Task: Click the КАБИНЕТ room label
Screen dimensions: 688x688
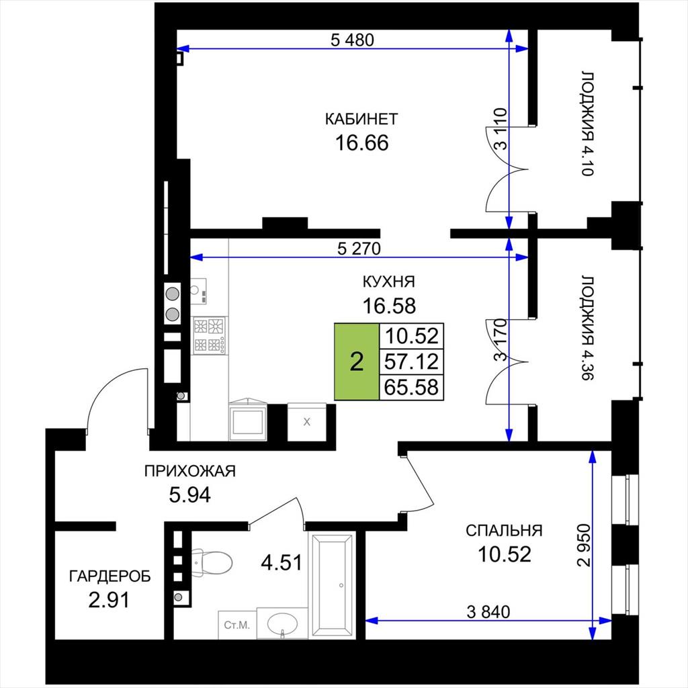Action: pyautogui.click(x=361, y=119)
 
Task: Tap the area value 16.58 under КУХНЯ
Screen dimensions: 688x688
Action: pyautogui.click(x=389, y=306)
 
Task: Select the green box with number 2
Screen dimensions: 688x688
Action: pyautogui.click(x=357, y=362)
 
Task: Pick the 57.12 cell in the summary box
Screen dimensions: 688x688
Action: pyautogui.click(x=412, y=362)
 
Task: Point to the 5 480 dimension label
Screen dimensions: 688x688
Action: pyautogui.click(x=352, y=40)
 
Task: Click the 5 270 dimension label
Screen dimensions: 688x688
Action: pyautogui.click(x=359, y=249)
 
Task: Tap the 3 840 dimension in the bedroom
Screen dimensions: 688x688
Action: pyautogui.click(x=488, y=611)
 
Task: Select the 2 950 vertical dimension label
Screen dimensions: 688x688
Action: pyautogui.click(x=585, y=545)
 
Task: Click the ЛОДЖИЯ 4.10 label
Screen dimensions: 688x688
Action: pyautogui.click(x=588, y=124)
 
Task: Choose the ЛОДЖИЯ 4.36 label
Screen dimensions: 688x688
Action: pyautogui.click(x=588, y=328)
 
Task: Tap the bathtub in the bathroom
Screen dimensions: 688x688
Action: pyautogui.click(x=332, y=585)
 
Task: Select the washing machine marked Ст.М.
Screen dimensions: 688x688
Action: pyautogui.click(x=237, y=625)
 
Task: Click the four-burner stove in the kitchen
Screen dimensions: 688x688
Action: pyautogui.click(x=210, y=335)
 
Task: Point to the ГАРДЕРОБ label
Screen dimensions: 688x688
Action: pyautogui.click(x=110, y=576)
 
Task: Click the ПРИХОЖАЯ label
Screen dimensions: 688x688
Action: pyautogui.click(x=190, y=471)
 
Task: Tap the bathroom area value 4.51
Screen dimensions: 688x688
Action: pyautogui.click(x=282, y=562)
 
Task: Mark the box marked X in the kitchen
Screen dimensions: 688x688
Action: pyautogui.click(x=306, y=422)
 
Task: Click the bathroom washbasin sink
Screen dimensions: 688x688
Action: pyautogui.click(x=283, y=624)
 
